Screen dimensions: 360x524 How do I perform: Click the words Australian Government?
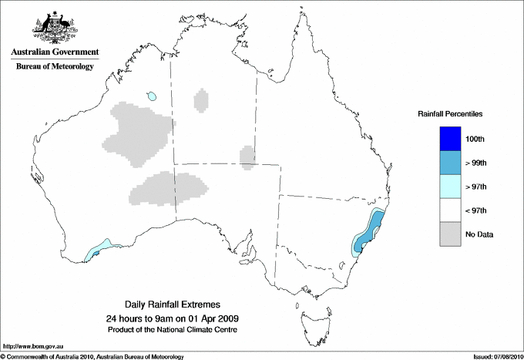54,52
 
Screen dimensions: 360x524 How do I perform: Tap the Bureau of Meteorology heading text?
54,67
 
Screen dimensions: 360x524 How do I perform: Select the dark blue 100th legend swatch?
449,139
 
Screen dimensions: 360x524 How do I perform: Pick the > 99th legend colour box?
449,163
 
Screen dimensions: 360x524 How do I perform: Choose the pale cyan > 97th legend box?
449,187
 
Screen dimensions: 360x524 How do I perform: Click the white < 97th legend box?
449,210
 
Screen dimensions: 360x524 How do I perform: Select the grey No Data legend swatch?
449,234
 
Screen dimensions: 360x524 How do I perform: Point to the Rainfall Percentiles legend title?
450,114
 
